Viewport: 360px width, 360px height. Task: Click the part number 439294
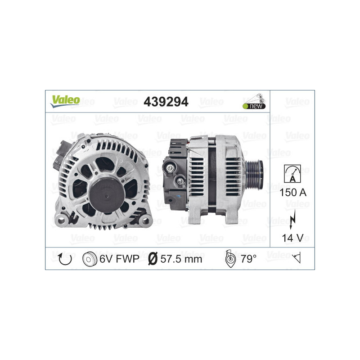coord(166,102)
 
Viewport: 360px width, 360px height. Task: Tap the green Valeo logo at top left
coord(65,100)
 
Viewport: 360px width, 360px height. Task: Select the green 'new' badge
coord(254,106)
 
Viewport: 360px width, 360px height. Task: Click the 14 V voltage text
coord(292,238)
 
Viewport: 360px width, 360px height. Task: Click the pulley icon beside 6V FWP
coord(90,259)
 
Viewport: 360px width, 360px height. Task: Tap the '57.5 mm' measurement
coord(181,259)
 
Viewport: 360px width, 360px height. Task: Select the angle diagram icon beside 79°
coord(229,259)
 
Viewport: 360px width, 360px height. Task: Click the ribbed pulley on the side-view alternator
coord(256,171)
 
